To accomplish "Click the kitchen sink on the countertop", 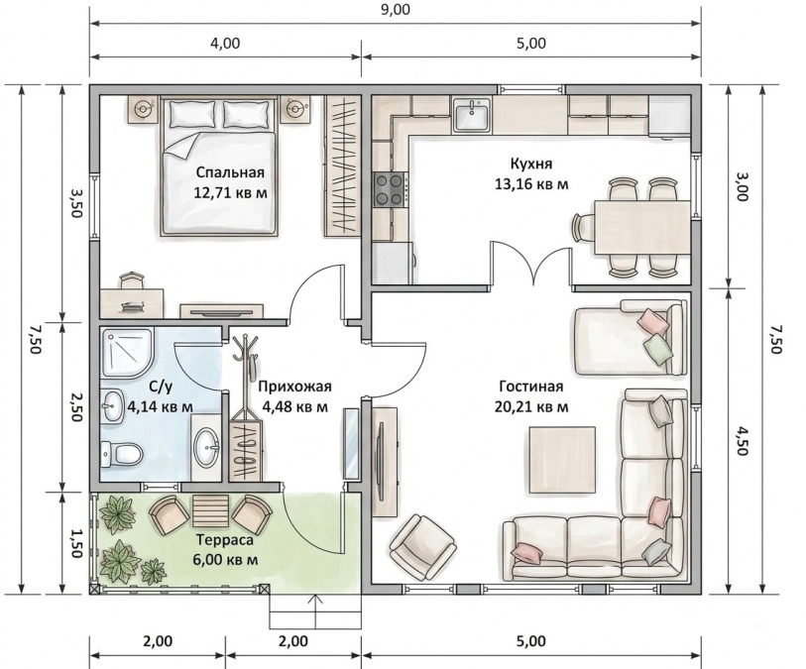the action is click(x=472, y=115).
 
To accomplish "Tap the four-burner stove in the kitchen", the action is click(x=391, y=189).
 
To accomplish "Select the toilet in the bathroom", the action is click(x=121, y=454).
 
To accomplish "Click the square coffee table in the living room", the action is click(x=563, y=459).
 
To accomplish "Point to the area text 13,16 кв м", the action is click(x=531, y=184).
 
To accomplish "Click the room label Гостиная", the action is click(x=531, y=387).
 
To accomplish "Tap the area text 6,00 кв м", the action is click(x=225, y=560).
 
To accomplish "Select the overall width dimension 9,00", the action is click(x=396, y=10).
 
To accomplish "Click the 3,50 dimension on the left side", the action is click(x=76, y=203).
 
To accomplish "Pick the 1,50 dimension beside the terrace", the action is click(x=76, y=542).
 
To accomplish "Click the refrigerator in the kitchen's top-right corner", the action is click(x=669, y=117).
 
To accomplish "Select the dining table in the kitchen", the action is click(x=642, y=228).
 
